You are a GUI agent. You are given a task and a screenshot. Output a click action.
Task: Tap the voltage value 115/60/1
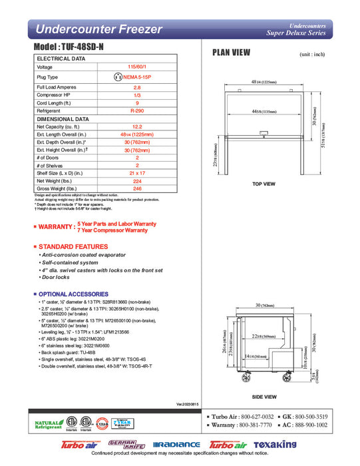138,67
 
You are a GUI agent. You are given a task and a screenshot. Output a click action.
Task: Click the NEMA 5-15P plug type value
138,77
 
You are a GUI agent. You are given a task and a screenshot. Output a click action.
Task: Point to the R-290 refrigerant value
138,111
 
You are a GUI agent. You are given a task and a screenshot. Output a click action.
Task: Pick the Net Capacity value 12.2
138,126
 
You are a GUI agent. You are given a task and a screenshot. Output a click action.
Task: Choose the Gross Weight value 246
138,188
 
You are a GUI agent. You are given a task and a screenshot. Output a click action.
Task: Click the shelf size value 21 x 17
138,172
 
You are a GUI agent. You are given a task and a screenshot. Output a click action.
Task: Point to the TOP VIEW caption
264,184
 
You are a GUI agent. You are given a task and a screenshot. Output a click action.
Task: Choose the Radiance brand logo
176,444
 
